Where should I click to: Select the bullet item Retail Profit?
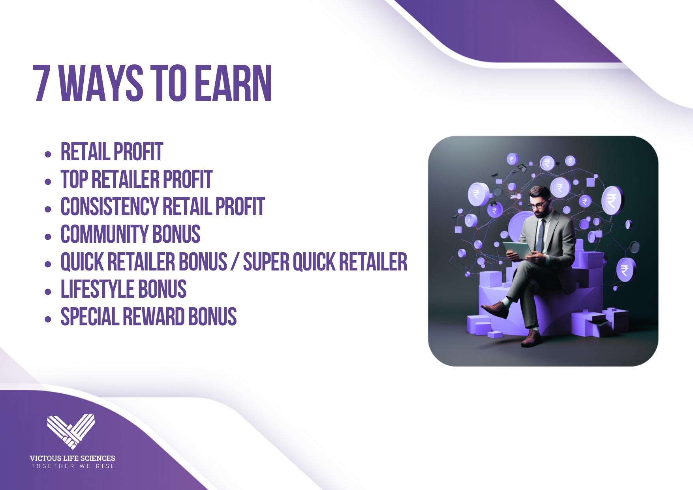112,152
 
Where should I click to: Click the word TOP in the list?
74,179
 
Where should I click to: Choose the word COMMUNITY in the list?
104,234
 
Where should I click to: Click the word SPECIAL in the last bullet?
90,317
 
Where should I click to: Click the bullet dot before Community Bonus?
48,237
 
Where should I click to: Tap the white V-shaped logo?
71,431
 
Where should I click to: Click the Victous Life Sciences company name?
73,458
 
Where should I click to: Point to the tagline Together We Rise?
73,466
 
